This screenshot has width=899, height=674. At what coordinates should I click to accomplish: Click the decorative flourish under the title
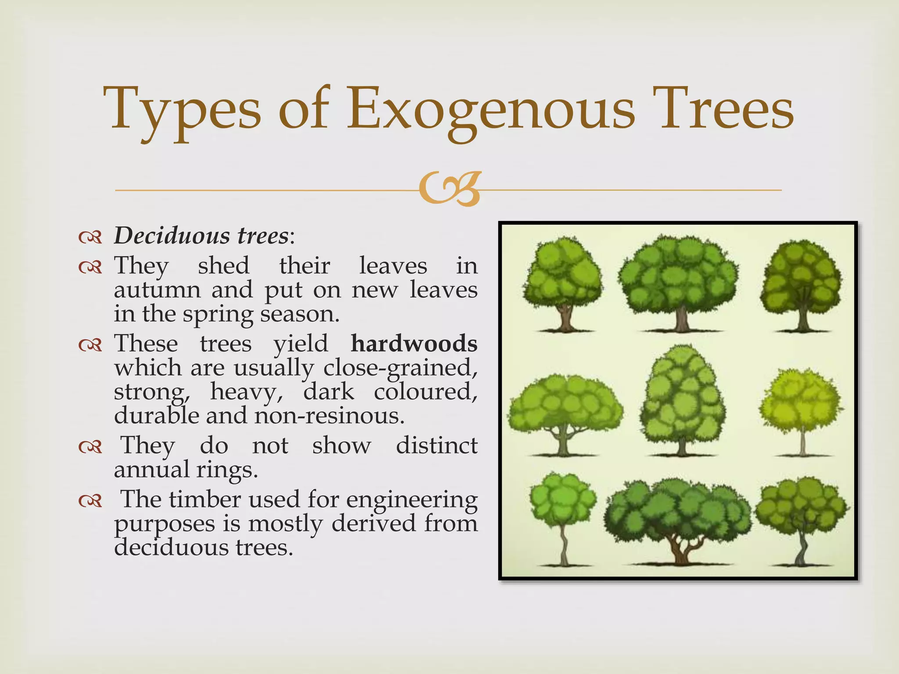(449, 190)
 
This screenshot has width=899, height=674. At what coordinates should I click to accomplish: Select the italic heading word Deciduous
(172, 236)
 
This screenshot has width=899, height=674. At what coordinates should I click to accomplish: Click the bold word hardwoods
(414, 343)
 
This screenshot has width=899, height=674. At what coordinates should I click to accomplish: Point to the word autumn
(157, 290)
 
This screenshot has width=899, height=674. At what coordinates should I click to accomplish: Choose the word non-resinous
(329, 416)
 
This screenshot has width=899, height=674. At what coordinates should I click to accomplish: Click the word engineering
(411, 500)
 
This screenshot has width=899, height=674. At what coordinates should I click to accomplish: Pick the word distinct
(437, 446)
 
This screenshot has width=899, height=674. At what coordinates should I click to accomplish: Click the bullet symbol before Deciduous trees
(90, 237)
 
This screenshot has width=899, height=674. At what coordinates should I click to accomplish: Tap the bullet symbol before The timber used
(90, 501)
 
